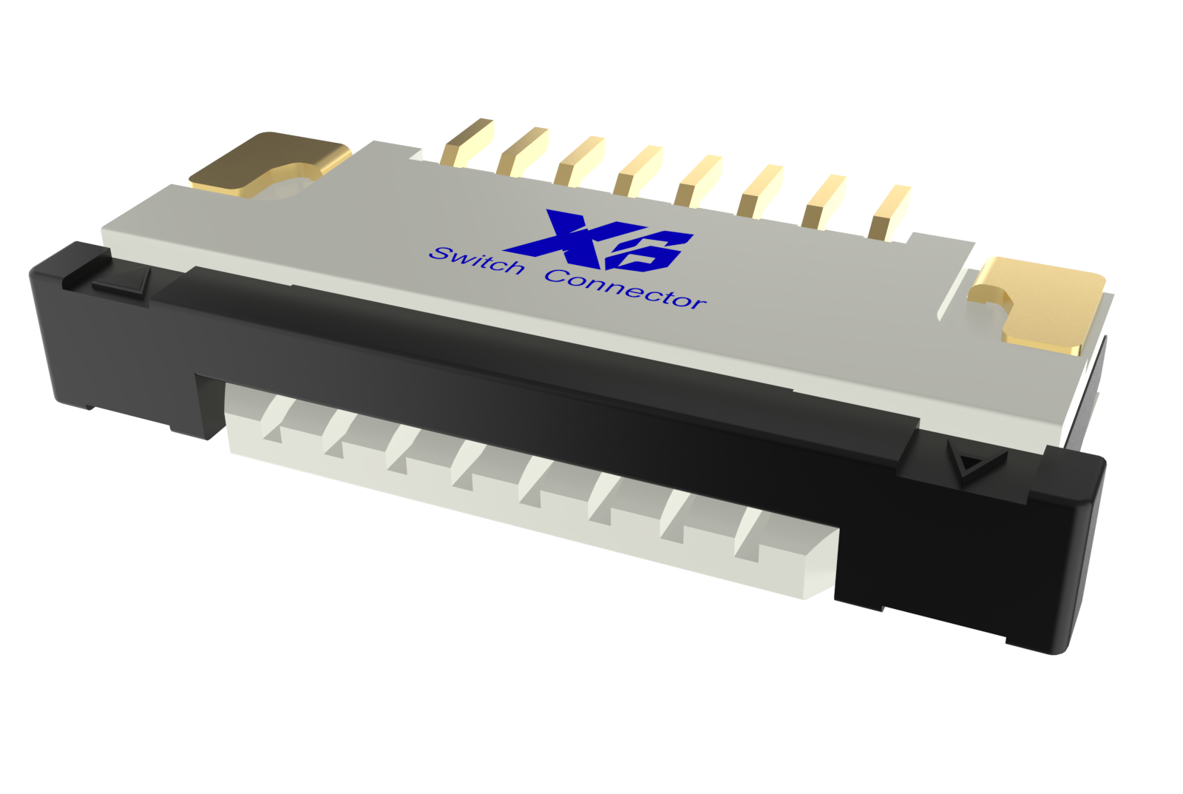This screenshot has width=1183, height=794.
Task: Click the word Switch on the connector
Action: coord(477,260)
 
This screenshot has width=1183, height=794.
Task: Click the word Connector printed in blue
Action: coord(626,289)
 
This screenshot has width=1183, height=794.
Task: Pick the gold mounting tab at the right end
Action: coord(1040,300)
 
